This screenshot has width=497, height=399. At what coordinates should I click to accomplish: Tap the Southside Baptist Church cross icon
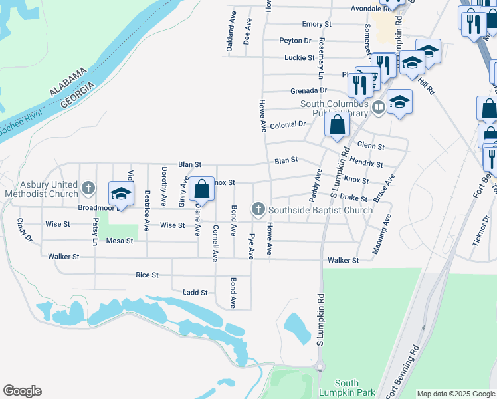click(258, 210)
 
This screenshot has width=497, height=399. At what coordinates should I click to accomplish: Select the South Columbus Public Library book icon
click(379, 106)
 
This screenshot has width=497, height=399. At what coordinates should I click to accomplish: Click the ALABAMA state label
click(68, 82)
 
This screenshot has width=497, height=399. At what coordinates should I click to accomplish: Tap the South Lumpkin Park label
click(347, 388)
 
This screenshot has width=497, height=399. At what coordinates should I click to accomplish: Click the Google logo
click(22, 391)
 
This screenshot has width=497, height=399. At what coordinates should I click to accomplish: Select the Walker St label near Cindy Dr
click(63, 256)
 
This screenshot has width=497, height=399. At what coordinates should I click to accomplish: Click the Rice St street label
click(147, 275)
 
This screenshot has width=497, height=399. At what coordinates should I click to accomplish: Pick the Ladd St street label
click(195, 292)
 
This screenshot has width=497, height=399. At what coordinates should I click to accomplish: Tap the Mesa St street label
click(120, 241)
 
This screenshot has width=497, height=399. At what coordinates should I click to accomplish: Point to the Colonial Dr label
click(287, 124)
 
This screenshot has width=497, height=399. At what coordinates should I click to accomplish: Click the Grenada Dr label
click(309, 90)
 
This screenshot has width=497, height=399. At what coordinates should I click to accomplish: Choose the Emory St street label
click(316, 24)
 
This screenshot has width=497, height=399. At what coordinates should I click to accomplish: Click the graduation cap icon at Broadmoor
click(121, 194)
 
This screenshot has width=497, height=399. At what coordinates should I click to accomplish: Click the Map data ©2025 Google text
click(455, 394)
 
